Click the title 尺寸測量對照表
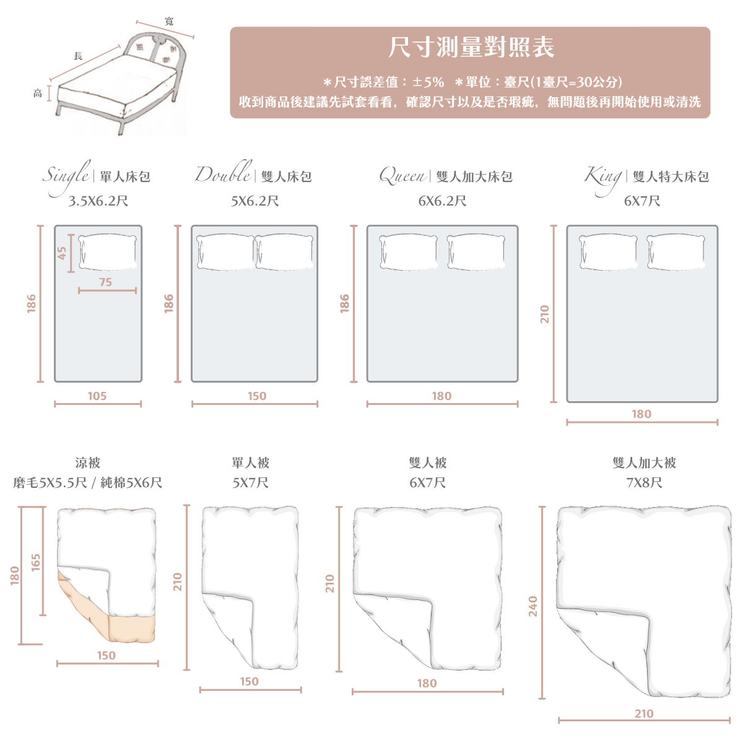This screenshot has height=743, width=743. click(x=471, y=48)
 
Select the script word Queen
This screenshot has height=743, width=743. click(x=402, y=176)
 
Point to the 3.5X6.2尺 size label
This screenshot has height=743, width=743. click(x=98, y=201)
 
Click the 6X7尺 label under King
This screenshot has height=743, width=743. click(x=641, y=201)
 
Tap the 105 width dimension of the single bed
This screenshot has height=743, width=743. click(x=97, y=396)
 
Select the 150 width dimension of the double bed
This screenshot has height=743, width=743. click(x=256, y=396)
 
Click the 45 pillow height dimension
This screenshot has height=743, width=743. click(x=62, y=253)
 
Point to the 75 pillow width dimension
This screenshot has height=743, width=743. click(x=106, y=282)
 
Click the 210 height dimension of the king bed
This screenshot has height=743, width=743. click(x=544, y=314)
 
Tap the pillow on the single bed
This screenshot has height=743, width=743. click(x=108, y=252)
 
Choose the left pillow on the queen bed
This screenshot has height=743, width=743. click(x=409, y=252)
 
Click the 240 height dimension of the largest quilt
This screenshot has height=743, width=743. click(x=533, y=606)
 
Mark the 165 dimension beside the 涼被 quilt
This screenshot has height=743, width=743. click(x=36, y=562)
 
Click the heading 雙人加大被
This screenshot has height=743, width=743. click(x=644, y=463)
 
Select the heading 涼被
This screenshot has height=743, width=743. click(x=87, y=463)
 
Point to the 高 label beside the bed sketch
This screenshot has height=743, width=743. click(x=38, y=93)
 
